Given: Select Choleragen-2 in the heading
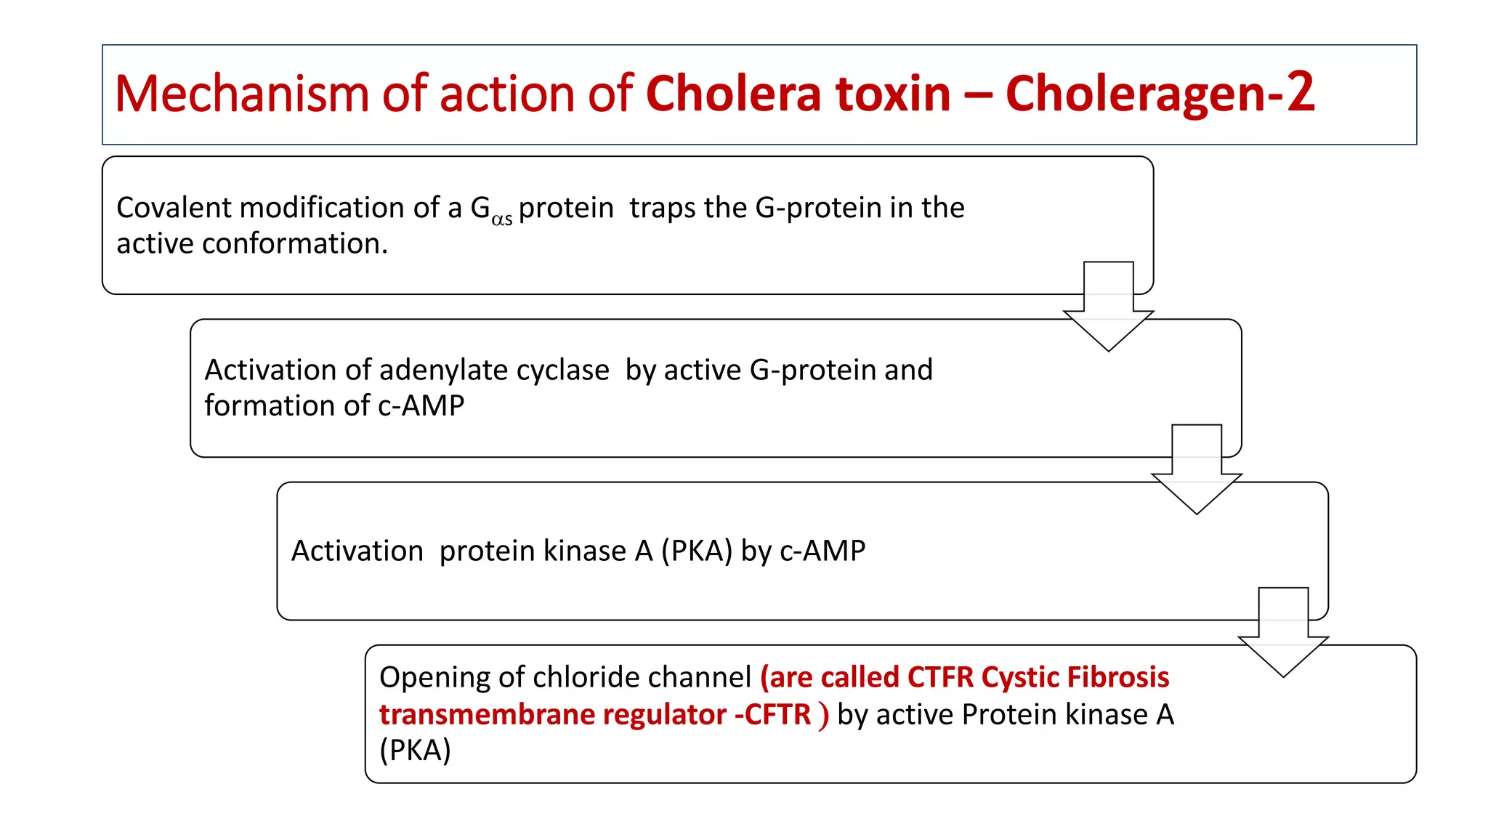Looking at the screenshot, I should (x=1160, y=94).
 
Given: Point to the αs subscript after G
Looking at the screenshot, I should (x=502, y=218).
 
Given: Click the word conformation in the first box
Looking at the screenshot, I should (x=294, y=244).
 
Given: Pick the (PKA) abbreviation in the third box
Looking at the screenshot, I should (x=696, y=551).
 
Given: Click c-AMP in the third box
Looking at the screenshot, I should (x=822, y=551).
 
